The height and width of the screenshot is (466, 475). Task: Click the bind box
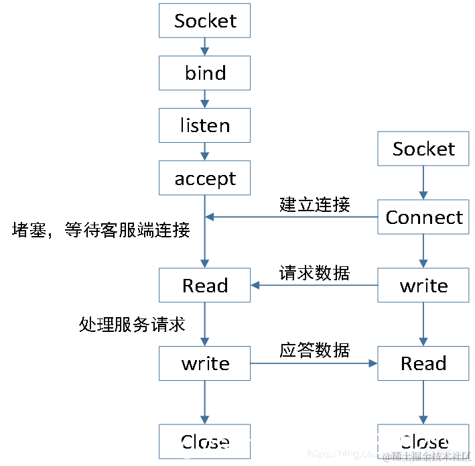[x=204, y=73]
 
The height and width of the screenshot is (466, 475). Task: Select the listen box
[x=204, y=125]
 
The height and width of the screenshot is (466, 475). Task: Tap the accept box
[x=204, y=178]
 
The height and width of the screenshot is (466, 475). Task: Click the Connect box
[x=423, y=217]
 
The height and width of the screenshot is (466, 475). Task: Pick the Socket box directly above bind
[x=204, y=21]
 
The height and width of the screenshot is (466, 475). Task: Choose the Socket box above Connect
[x=423, y=149]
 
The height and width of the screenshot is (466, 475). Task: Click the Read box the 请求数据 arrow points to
[x=204, y=286]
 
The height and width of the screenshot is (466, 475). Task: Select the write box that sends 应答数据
[x=204, y=363]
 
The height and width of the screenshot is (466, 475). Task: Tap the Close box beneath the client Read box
[x=423, y=441]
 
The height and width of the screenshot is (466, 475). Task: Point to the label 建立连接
[x=314, y=204]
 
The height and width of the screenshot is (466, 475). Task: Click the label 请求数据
[x=314, y=273]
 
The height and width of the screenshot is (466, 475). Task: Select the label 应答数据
[x=314, y=350]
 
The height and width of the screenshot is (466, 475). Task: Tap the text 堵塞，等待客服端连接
[x=101, y=231]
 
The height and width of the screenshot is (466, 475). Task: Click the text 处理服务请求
[x=132, y=325]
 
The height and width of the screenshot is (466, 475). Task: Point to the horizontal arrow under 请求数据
[x=314, y=286]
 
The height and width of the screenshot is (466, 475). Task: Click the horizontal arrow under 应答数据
[x=314, y=363]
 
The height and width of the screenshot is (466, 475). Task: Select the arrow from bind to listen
[x=204, y=99]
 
